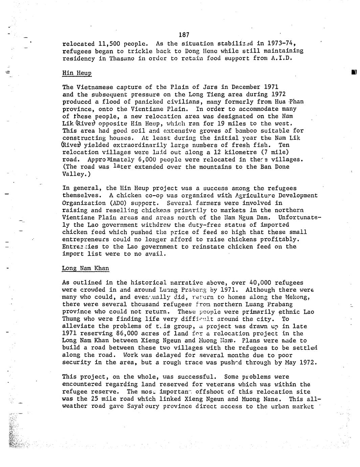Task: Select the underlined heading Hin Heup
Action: click(77, 73)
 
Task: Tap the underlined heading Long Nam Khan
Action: click(86, 268)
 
